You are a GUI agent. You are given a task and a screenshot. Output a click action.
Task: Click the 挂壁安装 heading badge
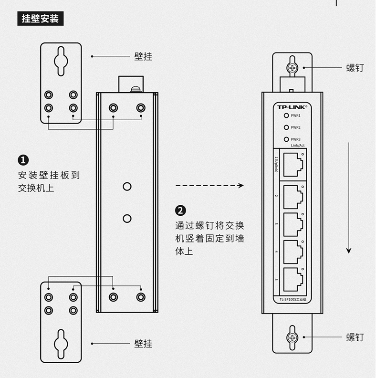point(41,19)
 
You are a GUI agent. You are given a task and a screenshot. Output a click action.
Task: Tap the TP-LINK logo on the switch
point(292,107)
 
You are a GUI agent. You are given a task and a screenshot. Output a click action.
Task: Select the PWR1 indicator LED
point(286,115)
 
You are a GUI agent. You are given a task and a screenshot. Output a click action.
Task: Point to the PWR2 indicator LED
point(286,127)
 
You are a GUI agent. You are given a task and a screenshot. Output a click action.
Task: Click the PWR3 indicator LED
point(286,139)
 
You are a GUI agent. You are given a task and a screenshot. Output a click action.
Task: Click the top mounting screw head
point(292,68)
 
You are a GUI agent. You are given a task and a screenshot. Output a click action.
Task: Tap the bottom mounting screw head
point(292,338)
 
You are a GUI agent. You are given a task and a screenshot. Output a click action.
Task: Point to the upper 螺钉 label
point(355,68)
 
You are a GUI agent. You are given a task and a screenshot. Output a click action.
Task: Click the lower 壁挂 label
point(143,343)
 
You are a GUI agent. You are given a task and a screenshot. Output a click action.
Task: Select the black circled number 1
point(23,160)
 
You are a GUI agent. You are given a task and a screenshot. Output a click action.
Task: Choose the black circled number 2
point(181,210)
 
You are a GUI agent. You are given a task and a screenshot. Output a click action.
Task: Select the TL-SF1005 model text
point(292,299)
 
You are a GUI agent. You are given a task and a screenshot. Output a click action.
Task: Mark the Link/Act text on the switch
point(298,146)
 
